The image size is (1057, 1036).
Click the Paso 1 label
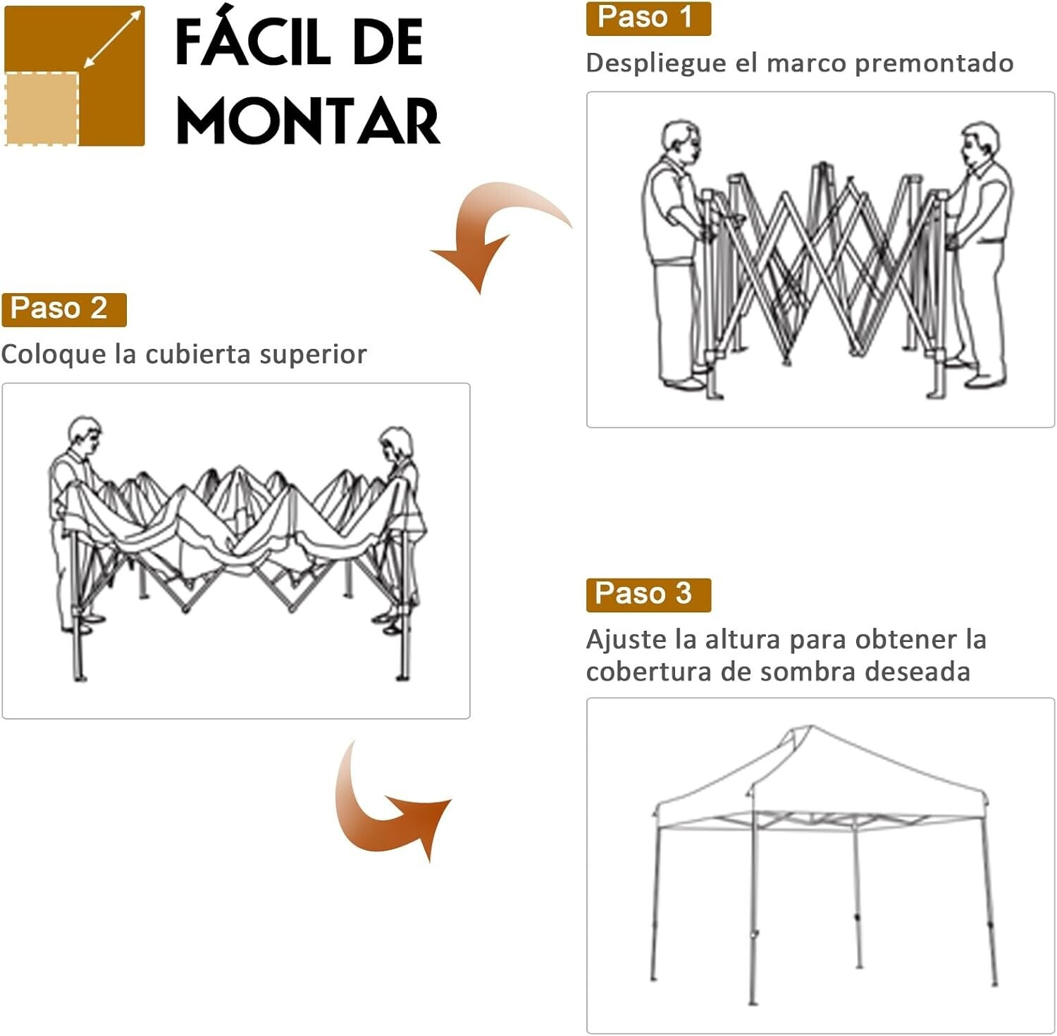(x=648, y=18)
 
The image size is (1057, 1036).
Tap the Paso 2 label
(x=63, y=309)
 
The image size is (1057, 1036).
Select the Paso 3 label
(x=648, y=595)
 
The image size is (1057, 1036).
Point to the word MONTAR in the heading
(x=308, y=121)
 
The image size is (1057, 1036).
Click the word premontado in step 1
(x=934, y=63)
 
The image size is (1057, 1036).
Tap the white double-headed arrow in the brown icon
(x=111, y=39)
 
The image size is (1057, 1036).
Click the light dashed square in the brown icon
(x=41, y=109)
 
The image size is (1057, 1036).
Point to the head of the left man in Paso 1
(x=681, y=140)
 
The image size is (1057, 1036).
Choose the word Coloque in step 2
(x=54, y=354)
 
